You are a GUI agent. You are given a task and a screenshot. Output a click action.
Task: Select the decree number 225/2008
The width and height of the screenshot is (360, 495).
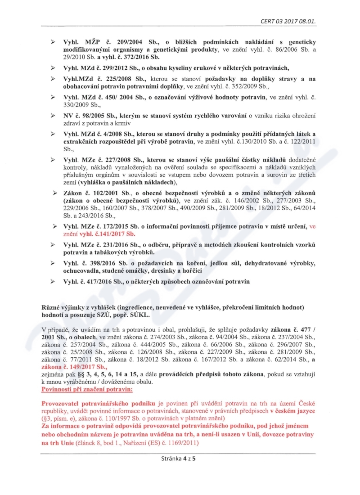(114, 79)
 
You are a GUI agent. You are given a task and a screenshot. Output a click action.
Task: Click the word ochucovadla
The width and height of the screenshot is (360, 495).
(82, 271)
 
